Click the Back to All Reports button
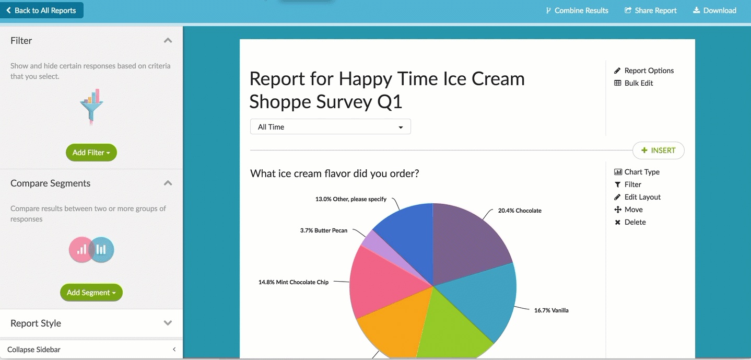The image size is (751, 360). (42, 10)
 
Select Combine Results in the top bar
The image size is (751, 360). (577, 10)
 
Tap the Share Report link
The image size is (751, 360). (650, 10)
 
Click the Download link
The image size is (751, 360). (715, 10)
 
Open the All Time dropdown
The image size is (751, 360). (330, 127)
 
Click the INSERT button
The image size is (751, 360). (659, 150)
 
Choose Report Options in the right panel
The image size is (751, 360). (644, 71)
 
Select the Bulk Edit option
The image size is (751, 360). (633, 83)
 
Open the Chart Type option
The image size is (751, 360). (637, 172)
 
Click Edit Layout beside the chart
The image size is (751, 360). (637, 197)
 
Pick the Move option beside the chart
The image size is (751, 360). (628, 210)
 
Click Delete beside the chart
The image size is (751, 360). (630, 222)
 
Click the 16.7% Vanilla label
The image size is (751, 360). (551, 310)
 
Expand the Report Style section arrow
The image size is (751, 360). (168, 323)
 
